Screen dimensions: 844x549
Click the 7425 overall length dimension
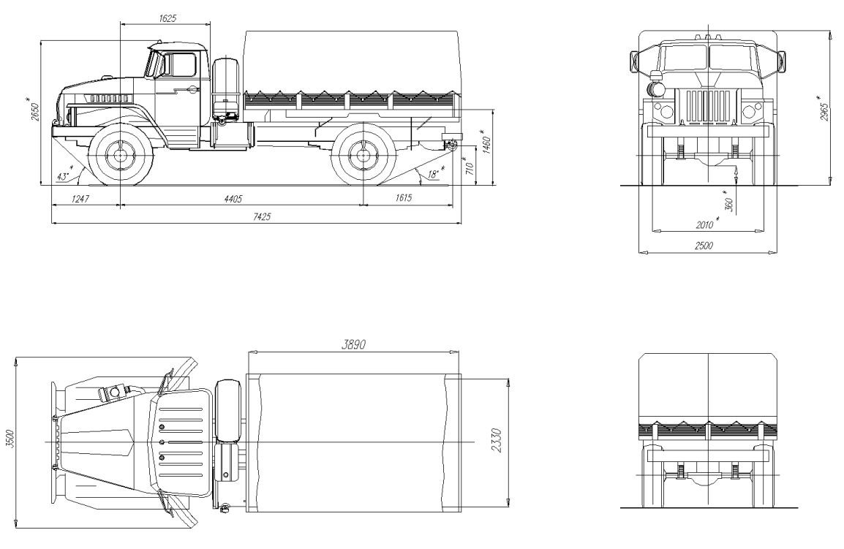(x=262, y=216)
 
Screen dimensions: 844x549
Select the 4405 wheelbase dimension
(x=233, y=199)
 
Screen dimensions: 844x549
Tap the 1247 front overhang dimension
(x=79, y=199)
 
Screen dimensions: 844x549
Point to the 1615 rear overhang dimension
(x=403, y=197)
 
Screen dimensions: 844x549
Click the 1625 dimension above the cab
(x=167, y=18)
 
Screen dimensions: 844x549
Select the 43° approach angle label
(x=65, y=175)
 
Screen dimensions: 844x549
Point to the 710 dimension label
(x=468, y=167)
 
